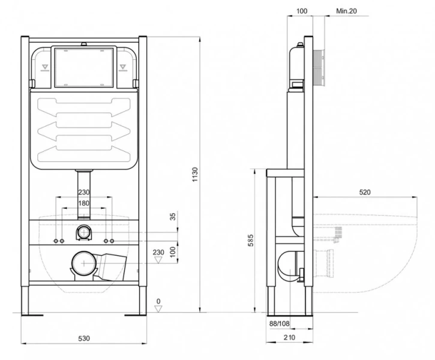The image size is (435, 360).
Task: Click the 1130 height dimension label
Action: click(x=196, y=175)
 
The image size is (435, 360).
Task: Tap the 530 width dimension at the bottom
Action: click(x=84, y=338)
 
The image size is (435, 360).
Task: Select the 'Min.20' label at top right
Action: click(x=347, y=11)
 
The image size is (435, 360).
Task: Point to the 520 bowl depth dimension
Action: click(x=365, y=192)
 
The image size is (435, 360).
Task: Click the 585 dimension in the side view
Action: click(x=251, y=241)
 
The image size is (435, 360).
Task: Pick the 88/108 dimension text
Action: click(x=280, y=323)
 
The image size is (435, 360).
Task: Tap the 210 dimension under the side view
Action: click(x=289, y=338)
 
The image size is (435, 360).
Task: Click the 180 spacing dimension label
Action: click(x=84, y=203)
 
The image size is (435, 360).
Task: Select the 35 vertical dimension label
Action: click(x=173, y=217)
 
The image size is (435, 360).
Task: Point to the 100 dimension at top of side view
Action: click(x=302, y=11)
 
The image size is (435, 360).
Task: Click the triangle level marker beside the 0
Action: click(x=158, y=308)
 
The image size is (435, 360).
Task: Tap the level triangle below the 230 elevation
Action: click(x=158, y=260)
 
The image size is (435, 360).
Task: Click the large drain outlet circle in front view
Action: click(x=84, y=263)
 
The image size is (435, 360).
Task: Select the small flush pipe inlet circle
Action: click(x=83, y=232)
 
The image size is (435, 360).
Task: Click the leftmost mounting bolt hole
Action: click(x=56, y=241)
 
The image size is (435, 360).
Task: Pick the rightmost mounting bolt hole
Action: click(x=112, y=241)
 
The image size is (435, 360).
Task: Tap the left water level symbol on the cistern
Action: click(x=45, y=68)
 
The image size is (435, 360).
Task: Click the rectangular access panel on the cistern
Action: click(x=84, y=67)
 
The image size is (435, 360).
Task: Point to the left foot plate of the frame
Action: click(x=32, y=315)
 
